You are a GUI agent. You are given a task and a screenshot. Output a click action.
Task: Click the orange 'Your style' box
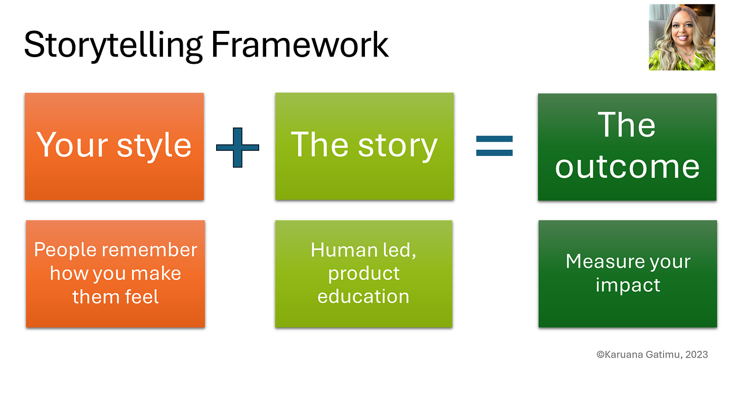[114, 146]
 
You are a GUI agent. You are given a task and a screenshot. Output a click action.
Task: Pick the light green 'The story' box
[364, 146]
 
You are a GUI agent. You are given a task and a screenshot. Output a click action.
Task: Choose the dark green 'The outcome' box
[627, 147]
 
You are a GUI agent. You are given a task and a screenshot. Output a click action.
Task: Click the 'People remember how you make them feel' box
[115, 274]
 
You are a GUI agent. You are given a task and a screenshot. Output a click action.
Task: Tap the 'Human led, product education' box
[363, 274]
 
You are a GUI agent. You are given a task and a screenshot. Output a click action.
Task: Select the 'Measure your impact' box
[628, 274]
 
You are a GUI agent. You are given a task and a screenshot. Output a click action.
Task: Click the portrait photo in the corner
[681, 36]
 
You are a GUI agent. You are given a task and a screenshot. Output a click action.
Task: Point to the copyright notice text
[652, 355]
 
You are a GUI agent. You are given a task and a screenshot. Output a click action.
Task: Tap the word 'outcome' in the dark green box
[627, 166]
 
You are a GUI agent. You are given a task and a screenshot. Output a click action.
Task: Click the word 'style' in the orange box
[154, 146]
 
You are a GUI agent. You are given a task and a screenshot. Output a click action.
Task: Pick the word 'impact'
[628, 285]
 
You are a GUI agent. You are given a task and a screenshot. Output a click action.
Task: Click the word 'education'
[363, 296]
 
